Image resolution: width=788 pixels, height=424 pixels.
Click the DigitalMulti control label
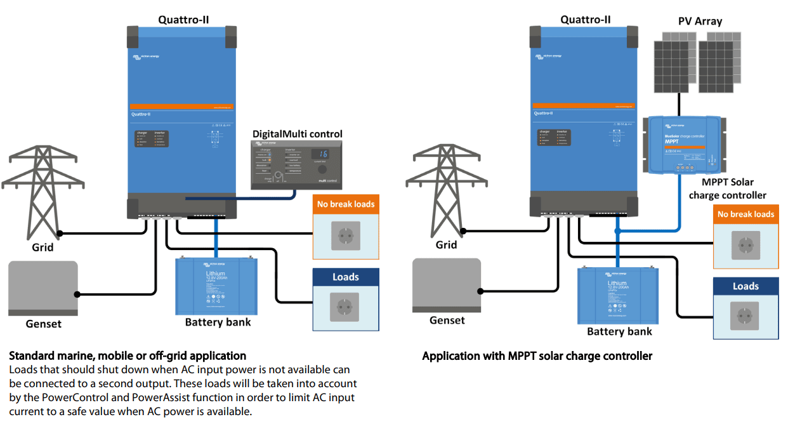297,134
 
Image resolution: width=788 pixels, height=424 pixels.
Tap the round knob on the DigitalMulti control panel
322,170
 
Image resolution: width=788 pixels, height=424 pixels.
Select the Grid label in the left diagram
43,248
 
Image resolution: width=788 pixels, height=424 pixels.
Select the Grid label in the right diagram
446,244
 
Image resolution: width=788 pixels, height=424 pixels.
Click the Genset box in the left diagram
43,288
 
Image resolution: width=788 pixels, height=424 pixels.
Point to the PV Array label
700,21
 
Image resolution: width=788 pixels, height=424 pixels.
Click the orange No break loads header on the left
346,204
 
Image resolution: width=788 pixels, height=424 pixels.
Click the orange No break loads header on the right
745,214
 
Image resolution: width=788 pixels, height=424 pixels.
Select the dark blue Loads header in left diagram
346,277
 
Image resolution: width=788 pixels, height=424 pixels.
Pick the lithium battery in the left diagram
216,286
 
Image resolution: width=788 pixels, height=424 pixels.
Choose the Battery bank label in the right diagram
619,331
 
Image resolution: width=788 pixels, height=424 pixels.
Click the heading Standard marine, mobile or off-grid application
128,356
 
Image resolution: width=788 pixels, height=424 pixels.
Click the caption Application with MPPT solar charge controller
537,356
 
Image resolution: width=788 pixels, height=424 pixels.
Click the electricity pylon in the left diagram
42,190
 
